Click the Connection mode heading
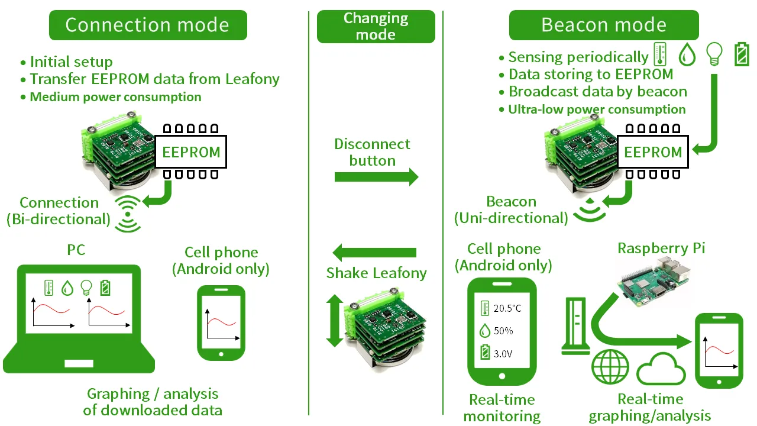(147, 25)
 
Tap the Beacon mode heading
(604, 25)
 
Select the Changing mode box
(376, 27)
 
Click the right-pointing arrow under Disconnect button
(376, 177)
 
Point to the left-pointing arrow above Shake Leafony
(375, 253)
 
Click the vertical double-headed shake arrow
(334, 321)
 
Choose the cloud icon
(661, 370)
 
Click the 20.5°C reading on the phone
(507, 308)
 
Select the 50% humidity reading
(503, 331)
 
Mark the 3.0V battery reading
(504, 354)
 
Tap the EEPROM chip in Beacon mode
(652, 152)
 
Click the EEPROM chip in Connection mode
(190, 152)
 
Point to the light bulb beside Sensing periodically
(714, 55)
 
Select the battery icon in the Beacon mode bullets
(741, 55)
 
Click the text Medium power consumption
(115, 97)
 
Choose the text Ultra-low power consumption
(597, 109)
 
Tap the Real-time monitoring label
(502, 408)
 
